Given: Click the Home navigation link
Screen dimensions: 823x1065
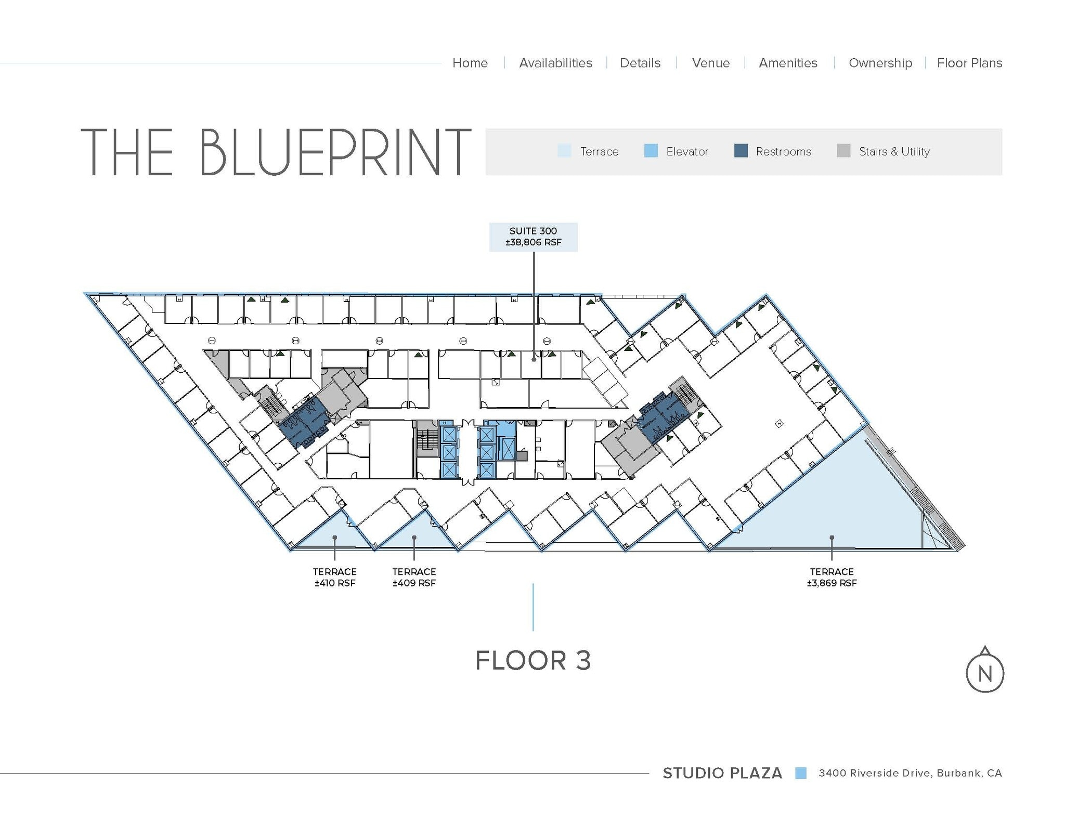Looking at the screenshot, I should (x=470, y=63).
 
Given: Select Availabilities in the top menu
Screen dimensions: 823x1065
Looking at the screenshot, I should (x=555, y=63).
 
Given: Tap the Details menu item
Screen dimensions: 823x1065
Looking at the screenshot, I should (x=640, y=63).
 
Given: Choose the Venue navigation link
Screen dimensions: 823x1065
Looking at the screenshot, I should (x=710, y=63).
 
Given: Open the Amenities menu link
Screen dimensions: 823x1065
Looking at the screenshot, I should (x=788, y=63).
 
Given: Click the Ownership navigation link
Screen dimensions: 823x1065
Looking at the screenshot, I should (x=880, y=63).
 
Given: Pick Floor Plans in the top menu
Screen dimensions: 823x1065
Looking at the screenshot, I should (x=969, y=63).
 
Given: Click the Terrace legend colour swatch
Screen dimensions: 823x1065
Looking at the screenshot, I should (x=564, y=151).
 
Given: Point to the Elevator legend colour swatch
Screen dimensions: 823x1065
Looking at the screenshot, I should (x=651, y=151).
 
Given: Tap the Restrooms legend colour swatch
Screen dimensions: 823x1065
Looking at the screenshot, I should (x=741, y=151).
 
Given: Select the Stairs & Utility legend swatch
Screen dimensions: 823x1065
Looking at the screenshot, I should (x=843, y=151).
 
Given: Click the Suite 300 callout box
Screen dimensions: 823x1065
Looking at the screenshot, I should (x=533, y=237).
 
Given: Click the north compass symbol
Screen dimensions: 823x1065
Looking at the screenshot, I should (x=984, y=672).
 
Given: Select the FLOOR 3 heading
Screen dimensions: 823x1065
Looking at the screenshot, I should (x=533, y=660).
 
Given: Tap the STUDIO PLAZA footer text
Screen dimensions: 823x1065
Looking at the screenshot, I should (x=722, y=773).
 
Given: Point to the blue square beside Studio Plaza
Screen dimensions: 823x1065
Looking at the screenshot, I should (x=801, y=773).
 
